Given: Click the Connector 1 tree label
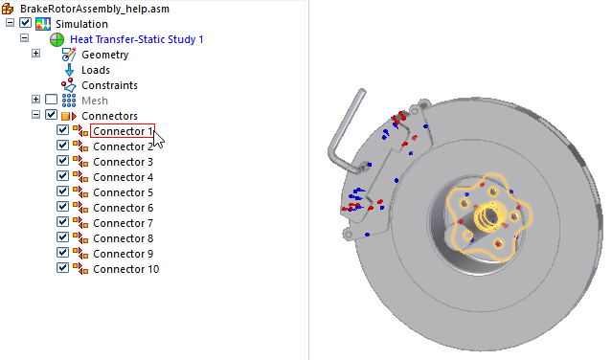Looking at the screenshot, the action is tap(123, 131).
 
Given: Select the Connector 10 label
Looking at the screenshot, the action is tap(126, 269).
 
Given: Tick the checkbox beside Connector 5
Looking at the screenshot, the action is tap(62, 191).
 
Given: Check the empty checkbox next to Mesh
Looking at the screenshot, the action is tap(51, 100).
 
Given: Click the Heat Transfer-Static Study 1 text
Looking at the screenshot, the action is tap(137, 39).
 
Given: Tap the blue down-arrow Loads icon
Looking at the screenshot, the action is tap(69, 70).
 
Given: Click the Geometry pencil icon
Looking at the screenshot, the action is tap(69, 55).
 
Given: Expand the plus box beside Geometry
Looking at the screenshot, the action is tap(35, 53).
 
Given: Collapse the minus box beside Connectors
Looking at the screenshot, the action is tap(35, 115).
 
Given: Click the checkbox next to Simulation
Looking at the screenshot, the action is tap(25, 23).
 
